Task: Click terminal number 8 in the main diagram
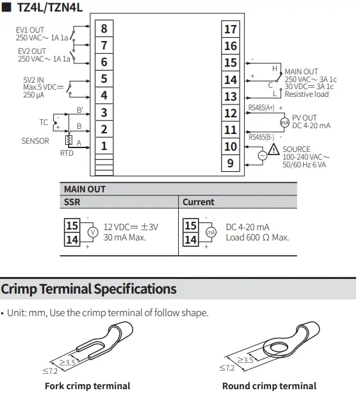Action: [x=104, y=29]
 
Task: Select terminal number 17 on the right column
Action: [x=231, y=29]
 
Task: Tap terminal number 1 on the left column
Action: [x=104, y=146]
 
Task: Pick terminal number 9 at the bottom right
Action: [x=231, y=163]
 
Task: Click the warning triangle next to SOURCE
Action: [x=274, y=149]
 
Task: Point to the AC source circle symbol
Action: [x=263, y=156]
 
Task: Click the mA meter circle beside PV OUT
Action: [x=284, y=122]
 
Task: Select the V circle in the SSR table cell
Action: [x=93, y=232]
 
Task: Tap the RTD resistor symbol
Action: [x=69, y=140]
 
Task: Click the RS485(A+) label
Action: [x=261, y=108]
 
